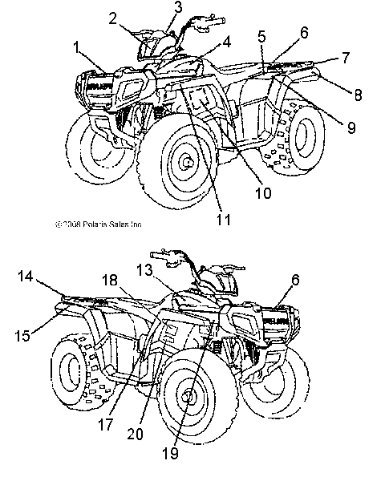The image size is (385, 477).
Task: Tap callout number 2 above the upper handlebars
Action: [113, 17]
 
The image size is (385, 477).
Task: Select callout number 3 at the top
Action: [178, 7]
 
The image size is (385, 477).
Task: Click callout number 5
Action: [261, 35]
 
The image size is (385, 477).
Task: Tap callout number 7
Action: [357, 94]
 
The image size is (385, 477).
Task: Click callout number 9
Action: [262, 192]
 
